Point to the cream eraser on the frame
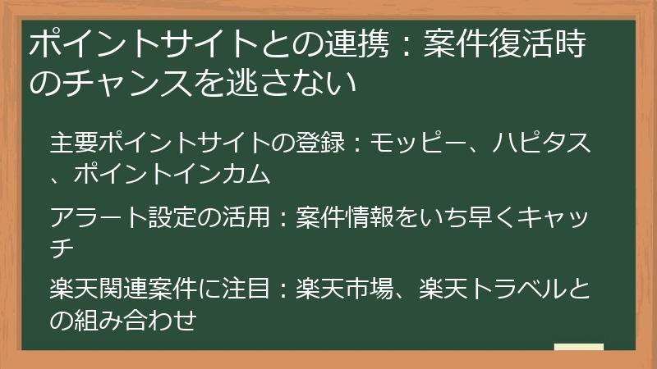579,348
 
